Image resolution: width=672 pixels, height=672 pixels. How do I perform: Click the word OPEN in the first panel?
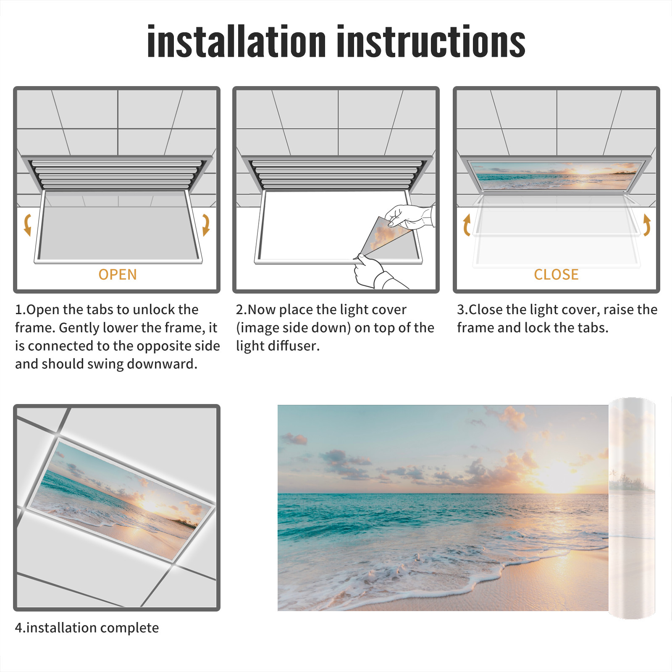tap(118, 275)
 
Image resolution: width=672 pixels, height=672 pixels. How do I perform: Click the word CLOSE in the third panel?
tap(556, 275)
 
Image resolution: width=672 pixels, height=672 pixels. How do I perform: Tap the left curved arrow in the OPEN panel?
tap(27, 225)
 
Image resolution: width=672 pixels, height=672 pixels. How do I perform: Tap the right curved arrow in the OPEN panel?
tap(206, 225)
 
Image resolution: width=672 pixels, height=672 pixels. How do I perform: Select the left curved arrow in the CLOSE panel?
tap(466, 225)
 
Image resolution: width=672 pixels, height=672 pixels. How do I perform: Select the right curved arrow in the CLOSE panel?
tap(647, 225)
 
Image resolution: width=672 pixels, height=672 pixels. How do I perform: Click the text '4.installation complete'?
tap(87, 628)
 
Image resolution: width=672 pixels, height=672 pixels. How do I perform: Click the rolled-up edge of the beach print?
tap(632, 508)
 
